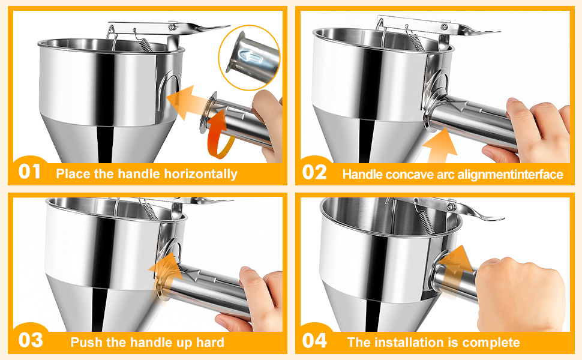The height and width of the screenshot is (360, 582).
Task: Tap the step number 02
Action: pyautogui.click(x=315, y=172)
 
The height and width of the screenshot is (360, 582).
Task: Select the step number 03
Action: pyautogui.click(x=30, y=341)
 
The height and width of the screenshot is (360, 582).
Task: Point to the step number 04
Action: pyautogui.click(x=315, y=341)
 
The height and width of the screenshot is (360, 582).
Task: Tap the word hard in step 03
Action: pyautogui.click(x=210, y=343)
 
